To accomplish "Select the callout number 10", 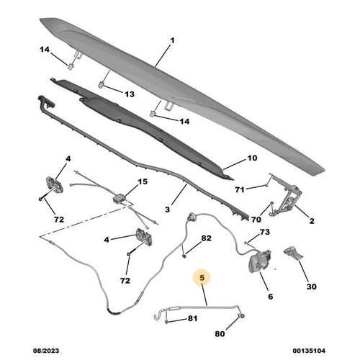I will tap(252, 158).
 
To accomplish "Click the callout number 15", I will tap(142, 182).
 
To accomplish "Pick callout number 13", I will tap(130, 94).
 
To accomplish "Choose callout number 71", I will tap(240, 189).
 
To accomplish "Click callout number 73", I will tap(264, 232).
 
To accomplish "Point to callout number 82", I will tap(206, 238).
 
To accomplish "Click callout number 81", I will tap(192, 318).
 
